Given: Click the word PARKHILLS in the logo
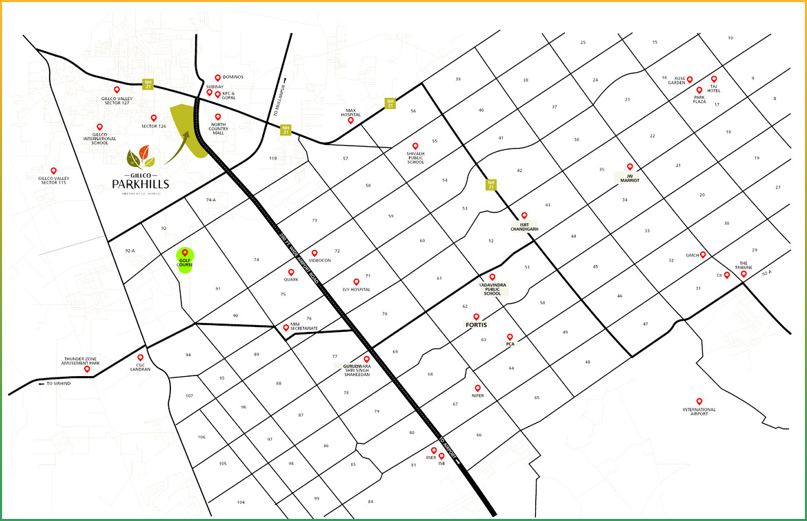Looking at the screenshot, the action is coord(141,184).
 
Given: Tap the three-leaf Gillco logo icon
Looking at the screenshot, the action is coord(141,157).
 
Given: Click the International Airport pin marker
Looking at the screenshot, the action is coord(699,401).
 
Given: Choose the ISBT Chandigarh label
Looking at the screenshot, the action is coord(524,228).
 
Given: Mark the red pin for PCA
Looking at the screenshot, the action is coord(510,337).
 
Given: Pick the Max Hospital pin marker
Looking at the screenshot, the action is coord(350,120).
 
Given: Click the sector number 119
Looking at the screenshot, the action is coord(272,159).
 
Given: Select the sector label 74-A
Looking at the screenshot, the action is coord(211,199).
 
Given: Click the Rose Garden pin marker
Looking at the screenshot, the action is coord(689,79).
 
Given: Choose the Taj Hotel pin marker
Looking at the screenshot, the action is coord(714,79).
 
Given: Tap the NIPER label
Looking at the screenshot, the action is coord(477,395).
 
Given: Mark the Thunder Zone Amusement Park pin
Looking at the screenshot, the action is coord(87,369).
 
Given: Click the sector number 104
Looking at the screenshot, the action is coord(241,502).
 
